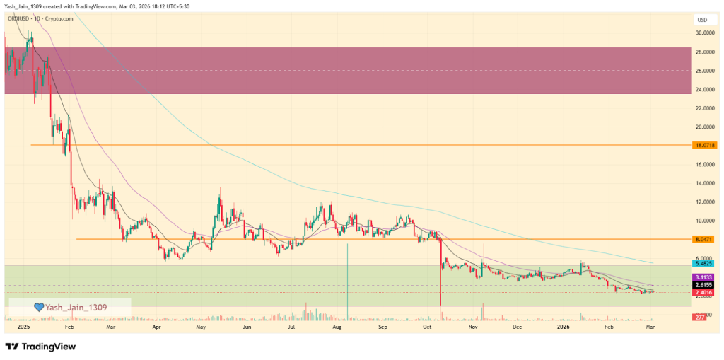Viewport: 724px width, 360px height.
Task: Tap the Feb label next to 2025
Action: point(69,328)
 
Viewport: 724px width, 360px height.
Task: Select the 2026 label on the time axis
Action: point(564,328)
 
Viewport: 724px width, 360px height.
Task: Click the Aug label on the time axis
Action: point(337,328)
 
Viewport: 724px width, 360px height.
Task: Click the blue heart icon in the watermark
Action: point(40,307)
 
